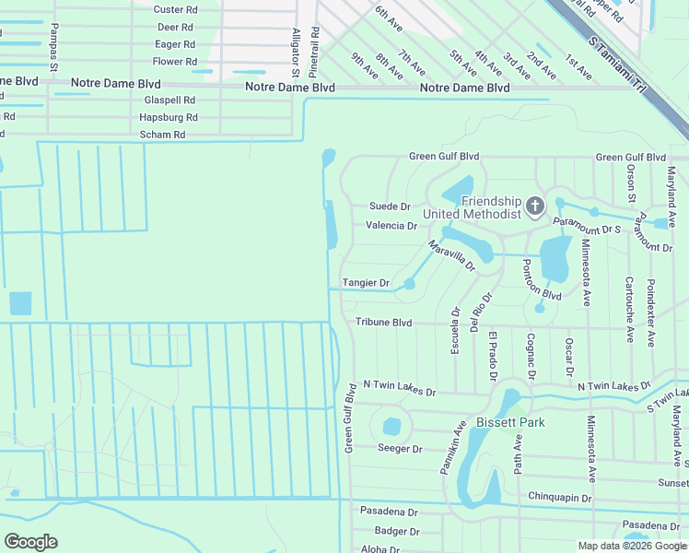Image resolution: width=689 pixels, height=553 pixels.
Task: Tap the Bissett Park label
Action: pyautogui.click(x=510, y=423)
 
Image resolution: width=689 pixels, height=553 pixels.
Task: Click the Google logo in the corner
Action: pyautogui.click(x=30, y=542)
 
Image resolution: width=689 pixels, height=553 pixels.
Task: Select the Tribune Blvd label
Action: pyautogui.click(x=383, y=323)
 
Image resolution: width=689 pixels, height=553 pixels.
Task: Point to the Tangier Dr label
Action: pyautogui.click(x=367, y=283)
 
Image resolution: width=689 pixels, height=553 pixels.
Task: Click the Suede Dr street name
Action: pyautogui.click(x=389, y=206)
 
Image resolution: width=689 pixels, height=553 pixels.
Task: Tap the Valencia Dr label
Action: pyautogui.click(x=391, y=226)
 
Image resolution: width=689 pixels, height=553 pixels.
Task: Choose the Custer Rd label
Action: pyautogui.click(x=175, y=9)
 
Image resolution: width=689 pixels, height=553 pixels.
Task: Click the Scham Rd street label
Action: pyautogui.click(x=162, y=135)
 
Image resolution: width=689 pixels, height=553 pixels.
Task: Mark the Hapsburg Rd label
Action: pyautogui.click(x=168, y=117)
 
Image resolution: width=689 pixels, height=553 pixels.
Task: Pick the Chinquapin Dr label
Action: pyautogui.click(x=559, y=498)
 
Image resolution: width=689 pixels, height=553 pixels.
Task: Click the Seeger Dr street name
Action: pyautogui.click(x=400, y=449)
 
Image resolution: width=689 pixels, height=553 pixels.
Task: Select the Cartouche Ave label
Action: pyautogui.click(x=629, y=310)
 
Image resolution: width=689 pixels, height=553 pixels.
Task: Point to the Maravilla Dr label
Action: pyautogui.click(x=450, y=256)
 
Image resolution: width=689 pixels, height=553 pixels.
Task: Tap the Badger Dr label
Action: pyautogui.click(x=396, y=531)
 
